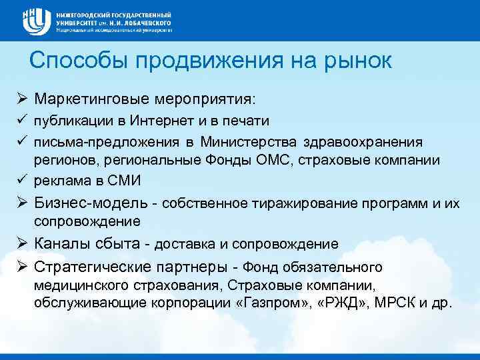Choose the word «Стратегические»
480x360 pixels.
(x=92, y=267)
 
